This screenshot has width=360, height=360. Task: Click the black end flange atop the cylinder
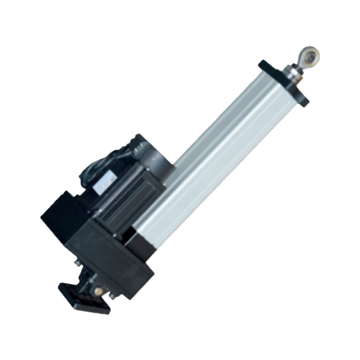pyautogui.click(x=283, y=81)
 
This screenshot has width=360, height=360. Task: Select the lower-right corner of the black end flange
pyautogui.click(x=304, y=103)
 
